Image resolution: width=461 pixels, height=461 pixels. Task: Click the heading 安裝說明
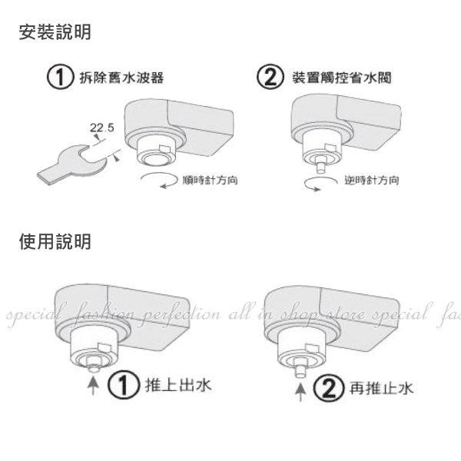tap(55, 32)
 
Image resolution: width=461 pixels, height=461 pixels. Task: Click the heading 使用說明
tap(55, 241)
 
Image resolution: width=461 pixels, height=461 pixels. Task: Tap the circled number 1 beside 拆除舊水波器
tap(60, 77)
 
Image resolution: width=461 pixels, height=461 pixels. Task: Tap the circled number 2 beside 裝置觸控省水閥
tap(270, 77)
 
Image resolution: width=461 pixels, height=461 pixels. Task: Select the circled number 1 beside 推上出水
tap(123, 385)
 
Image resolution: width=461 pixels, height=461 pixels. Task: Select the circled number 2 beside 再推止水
tap(328, 388)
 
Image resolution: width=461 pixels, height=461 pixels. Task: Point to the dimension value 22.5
tap(101, 128)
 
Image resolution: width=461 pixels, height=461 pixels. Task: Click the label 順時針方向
tap(210, 180)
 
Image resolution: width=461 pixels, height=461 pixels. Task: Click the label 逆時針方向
tap(372, 180)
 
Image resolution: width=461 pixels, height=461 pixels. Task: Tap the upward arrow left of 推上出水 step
tap(93, 386)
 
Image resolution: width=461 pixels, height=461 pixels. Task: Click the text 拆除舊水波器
tap(121, 78)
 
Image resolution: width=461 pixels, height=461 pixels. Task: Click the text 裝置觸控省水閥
tap(342, 78)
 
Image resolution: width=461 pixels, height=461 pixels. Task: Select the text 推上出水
tap(178, 385)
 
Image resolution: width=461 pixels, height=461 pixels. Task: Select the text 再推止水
tap(382, 388)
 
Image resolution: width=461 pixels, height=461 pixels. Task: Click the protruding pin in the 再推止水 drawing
tap(300, 370)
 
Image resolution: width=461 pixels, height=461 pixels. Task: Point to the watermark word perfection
tap(180, 315)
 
